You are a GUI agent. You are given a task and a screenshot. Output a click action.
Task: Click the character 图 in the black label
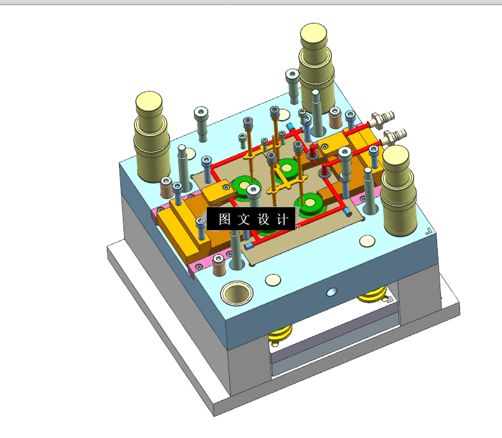coord(225,219)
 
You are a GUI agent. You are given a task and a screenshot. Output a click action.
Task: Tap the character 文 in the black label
coord(244,219)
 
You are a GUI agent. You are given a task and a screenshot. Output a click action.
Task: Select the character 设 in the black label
coord(263,219)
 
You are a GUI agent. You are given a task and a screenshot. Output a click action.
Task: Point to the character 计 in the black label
coord(282,219)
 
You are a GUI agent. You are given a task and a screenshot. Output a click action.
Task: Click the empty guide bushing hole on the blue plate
coord(237,293)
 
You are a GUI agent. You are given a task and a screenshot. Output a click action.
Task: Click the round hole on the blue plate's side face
coord(331,292)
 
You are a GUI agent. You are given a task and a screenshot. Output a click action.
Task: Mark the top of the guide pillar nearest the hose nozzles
coord(395,156)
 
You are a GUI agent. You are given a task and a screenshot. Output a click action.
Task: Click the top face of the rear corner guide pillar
coord(314,32)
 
